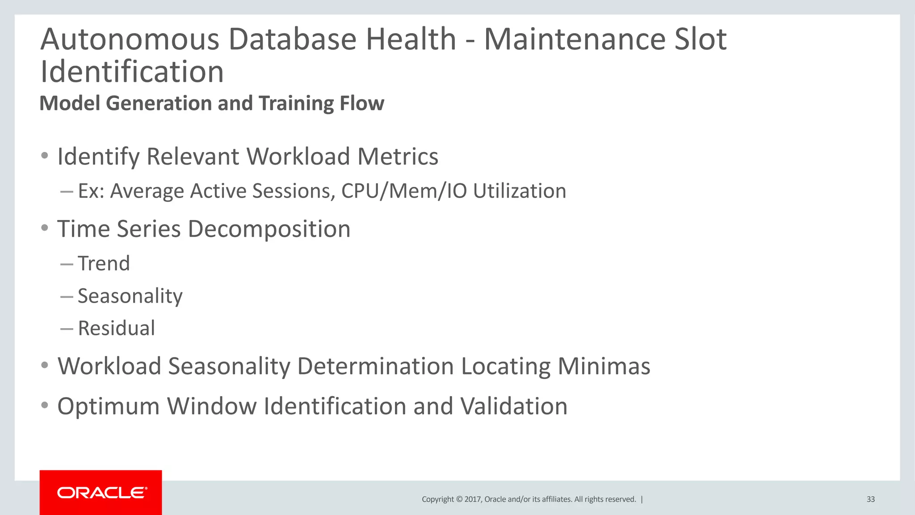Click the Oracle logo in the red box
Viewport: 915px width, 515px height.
pyautogui.click(x=102, y=493)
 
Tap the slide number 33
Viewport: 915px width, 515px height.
pyautogui.click(x=870, y=499)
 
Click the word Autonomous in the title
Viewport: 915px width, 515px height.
pyautogui.click(x=130, y=39)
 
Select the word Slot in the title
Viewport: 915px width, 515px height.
pyautogui.click(x=700, y=39)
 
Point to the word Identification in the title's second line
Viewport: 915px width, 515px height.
pyautogui.click(x=132, y=72)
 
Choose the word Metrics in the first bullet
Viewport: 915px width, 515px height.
pyautogui.click(x=398, y=157)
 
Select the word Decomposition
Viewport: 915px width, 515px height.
pyautogui.click(x=269, y=229)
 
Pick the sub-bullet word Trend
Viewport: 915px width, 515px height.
pyautogui.click(x=104, y=263)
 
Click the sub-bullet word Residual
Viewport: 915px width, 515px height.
pyautogui.click(x=116, y=328)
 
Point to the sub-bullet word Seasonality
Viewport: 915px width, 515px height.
pyautogui.click(x=130, y=296)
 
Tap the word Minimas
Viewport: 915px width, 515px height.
pyautogui.click(x=604, y=367)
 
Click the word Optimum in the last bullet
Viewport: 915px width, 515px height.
pyautogui.click(x=108, y=406)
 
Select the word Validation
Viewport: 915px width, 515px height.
pyautogui.click(x=514, y=406)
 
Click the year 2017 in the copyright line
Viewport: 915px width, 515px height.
pyautogui.click(x=473, y=499)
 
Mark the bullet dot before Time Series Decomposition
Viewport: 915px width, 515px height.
pyautogui.click(x=44, y=228)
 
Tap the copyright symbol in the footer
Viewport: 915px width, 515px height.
pyautogui.click(x=459, y=499)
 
